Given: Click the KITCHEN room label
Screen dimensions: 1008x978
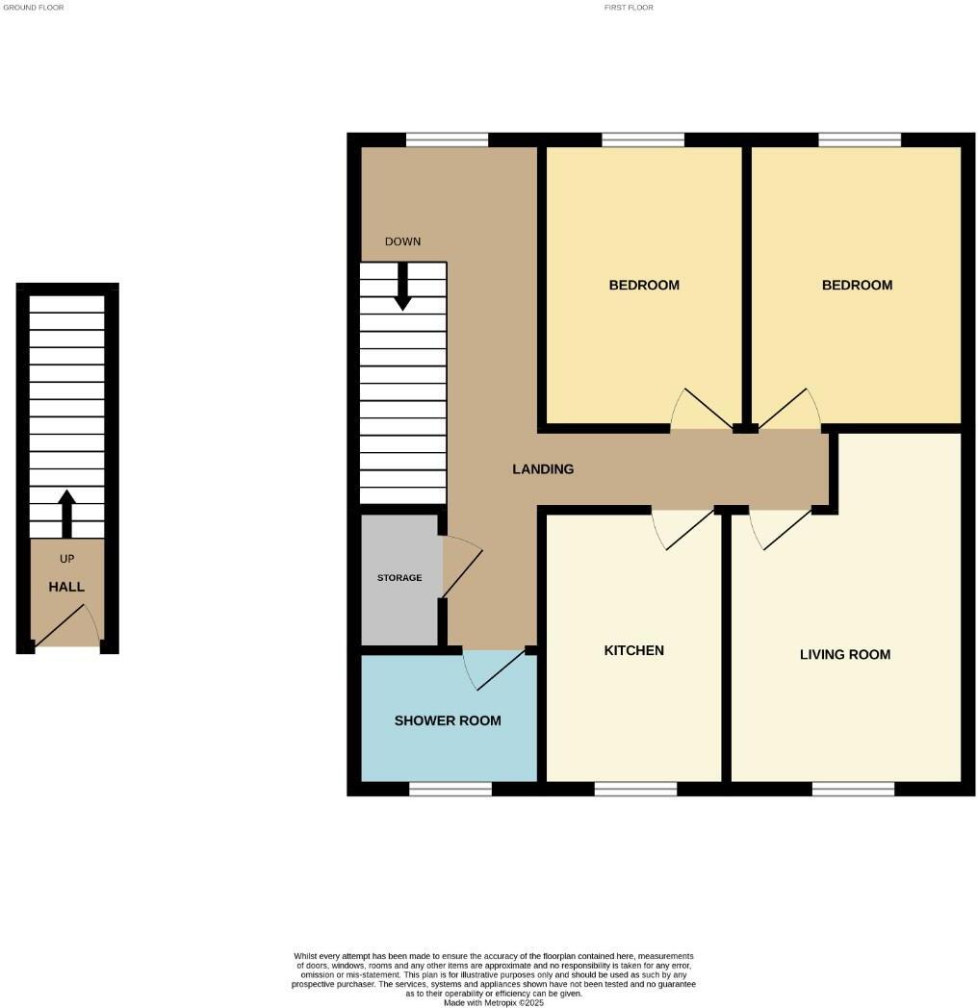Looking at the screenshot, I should pos(633,650).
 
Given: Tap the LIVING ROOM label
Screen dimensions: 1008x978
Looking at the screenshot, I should pos(844,654).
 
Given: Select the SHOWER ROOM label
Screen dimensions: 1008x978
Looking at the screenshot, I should pos(448,720).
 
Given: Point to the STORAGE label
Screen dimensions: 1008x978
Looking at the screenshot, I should pos(399,578).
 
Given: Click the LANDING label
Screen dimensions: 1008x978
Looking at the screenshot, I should pos(543,469).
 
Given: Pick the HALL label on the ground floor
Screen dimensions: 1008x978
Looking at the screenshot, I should pos(66,587).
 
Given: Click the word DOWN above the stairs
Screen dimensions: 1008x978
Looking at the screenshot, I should pos(402,241).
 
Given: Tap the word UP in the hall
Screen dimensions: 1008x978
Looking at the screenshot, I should pos(66,559).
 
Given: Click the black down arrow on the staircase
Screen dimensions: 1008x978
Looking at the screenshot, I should pos(402,288).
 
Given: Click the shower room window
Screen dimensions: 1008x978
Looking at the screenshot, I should pos(450,790).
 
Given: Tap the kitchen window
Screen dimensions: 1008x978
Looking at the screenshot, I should pos(635,790).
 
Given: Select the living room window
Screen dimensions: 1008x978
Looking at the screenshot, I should pos(853,790).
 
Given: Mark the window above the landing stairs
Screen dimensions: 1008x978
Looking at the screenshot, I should pos(447,139).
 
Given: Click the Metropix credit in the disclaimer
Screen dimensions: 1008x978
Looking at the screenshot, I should pos(494,1002).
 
